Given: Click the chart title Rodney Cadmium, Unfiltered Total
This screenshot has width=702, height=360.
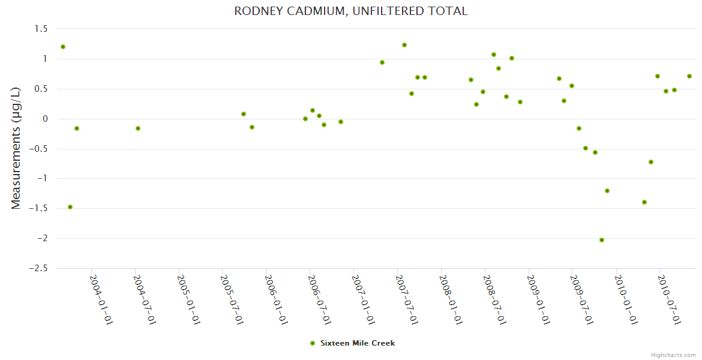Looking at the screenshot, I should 351,11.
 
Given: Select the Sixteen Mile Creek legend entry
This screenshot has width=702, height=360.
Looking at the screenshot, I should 353,343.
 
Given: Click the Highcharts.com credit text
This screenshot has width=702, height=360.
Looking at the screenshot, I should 673,355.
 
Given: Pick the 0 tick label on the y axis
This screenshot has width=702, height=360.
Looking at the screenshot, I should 44,119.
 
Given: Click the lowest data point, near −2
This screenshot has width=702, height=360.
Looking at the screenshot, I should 602,240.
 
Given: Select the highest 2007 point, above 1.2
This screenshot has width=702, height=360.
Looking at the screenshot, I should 404,45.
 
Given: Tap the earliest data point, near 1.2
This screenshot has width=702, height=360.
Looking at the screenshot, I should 63,47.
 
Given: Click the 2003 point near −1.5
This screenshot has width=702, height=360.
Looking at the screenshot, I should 70,207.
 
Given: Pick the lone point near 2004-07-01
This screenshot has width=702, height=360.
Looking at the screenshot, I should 138,128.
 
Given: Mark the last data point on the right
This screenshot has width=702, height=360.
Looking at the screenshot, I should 689,76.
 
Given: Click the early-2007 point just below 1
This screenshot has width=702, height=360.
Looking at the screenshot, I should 382,62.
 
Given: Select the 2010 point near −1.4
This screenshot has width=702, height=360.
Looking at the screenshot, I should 644,202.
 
